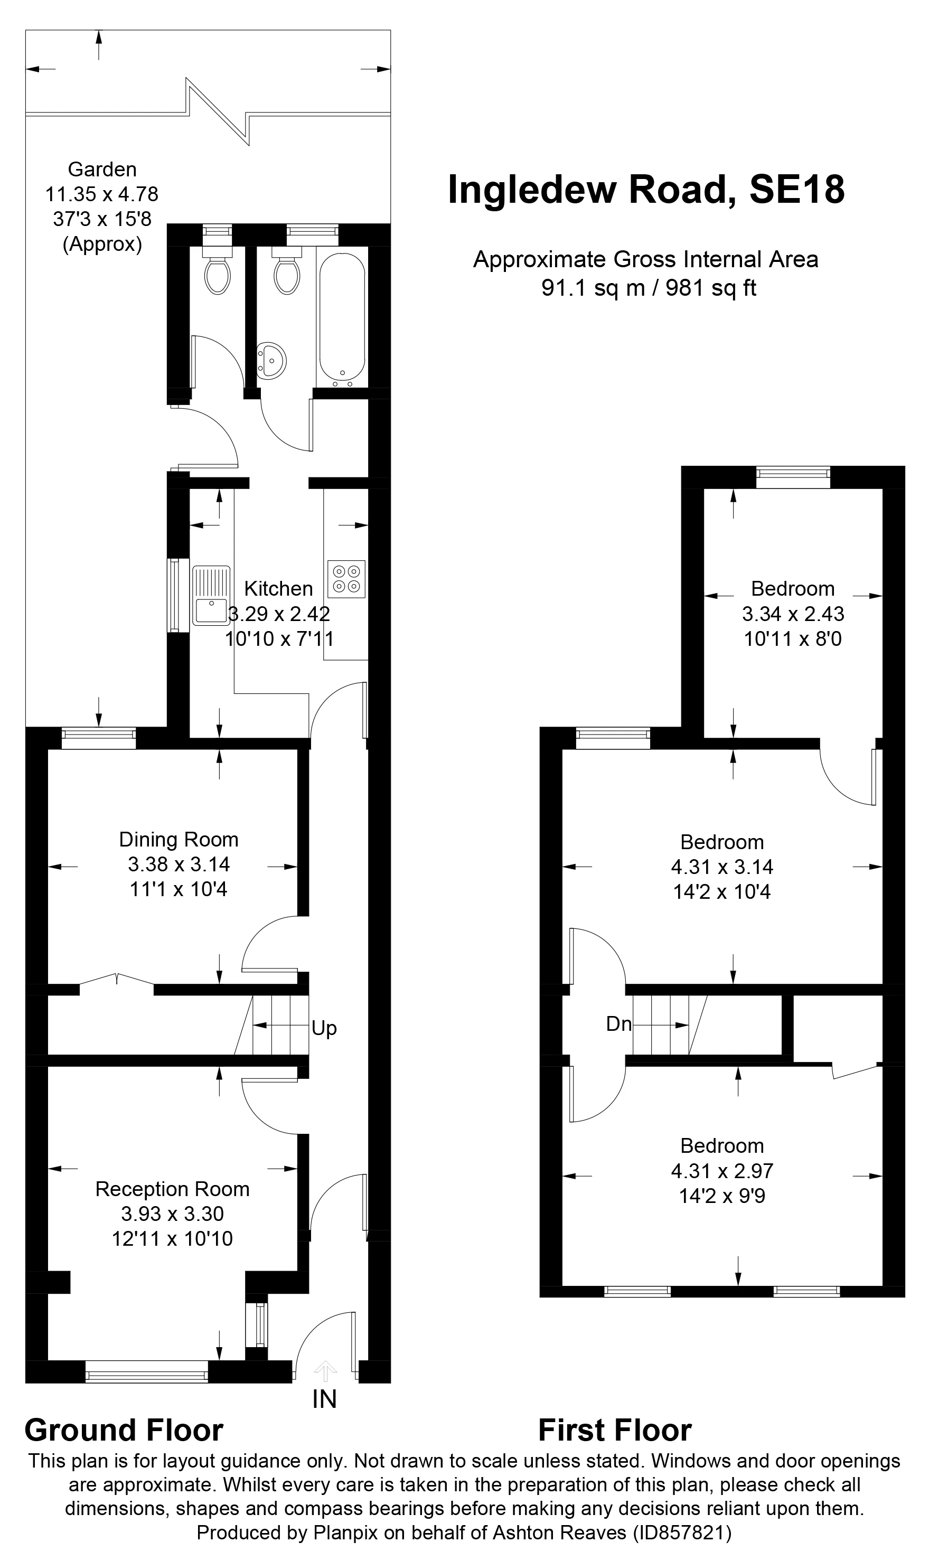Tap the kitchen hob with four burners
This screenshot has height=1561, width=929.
coord(346,578)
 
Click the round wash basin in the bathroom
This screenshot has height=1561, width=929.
coord(271,361)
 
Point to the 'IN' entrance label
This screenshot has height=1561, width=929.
coord(324,1399)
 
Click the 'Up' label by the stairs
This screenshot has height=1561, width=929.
coord(324,1028)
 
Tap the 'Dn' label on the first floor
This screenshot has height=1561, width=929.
coord(618,1024)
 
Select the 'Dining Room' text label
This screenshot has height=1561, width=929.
coord(179,839)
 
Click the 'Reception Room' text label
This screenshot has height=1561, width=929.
coord(172,1189)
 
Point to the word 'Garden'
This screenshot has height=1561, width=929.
coord(102,169)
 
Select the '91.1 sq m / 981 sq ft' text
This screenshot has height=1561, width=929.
coord(649,288)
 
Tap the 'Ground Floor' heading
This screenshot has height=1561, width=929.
coord(124,1430)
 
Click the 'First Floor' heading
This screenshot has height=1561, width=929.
coord(615,1430)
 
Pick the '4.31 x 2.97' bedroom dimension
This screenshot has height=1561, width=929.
coord(722,1170)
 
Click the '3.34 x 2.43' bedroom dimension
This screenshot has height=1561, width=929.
coord(793,614)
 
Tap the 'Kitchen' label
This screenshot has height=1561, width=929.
coord(278,588)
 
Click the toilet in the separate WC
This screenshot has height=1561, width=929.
coord(217,274)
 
